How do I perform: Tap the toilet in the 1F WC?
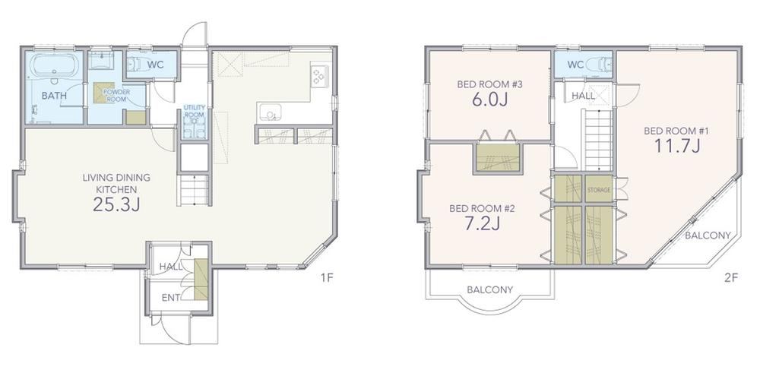(136, 64)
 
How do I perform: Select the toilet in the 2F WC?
(600, 65)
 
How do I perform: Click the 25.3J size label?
(116, 204)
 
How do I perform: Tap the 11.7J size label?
(677, 145)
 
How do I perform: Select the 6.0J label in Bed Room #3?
(489, 100)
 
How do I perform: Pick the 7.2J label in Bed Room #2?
(482, 223)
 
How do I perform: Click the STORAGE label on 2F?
(599, 190)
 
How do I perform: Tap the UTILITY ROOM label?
(195, 111)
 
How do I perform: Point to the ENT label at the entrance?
(170, 298)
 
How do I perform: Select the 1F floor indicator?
(327, 277)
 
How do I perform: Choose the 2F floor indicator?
(731, 277)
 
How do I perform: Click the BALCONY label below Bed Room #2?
(489, 289)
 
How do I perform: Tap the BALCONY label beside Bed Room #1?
(708, 235)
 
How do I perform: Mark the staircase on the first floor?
(194, 190)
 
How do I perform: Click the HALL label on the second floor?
(583, 96)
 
